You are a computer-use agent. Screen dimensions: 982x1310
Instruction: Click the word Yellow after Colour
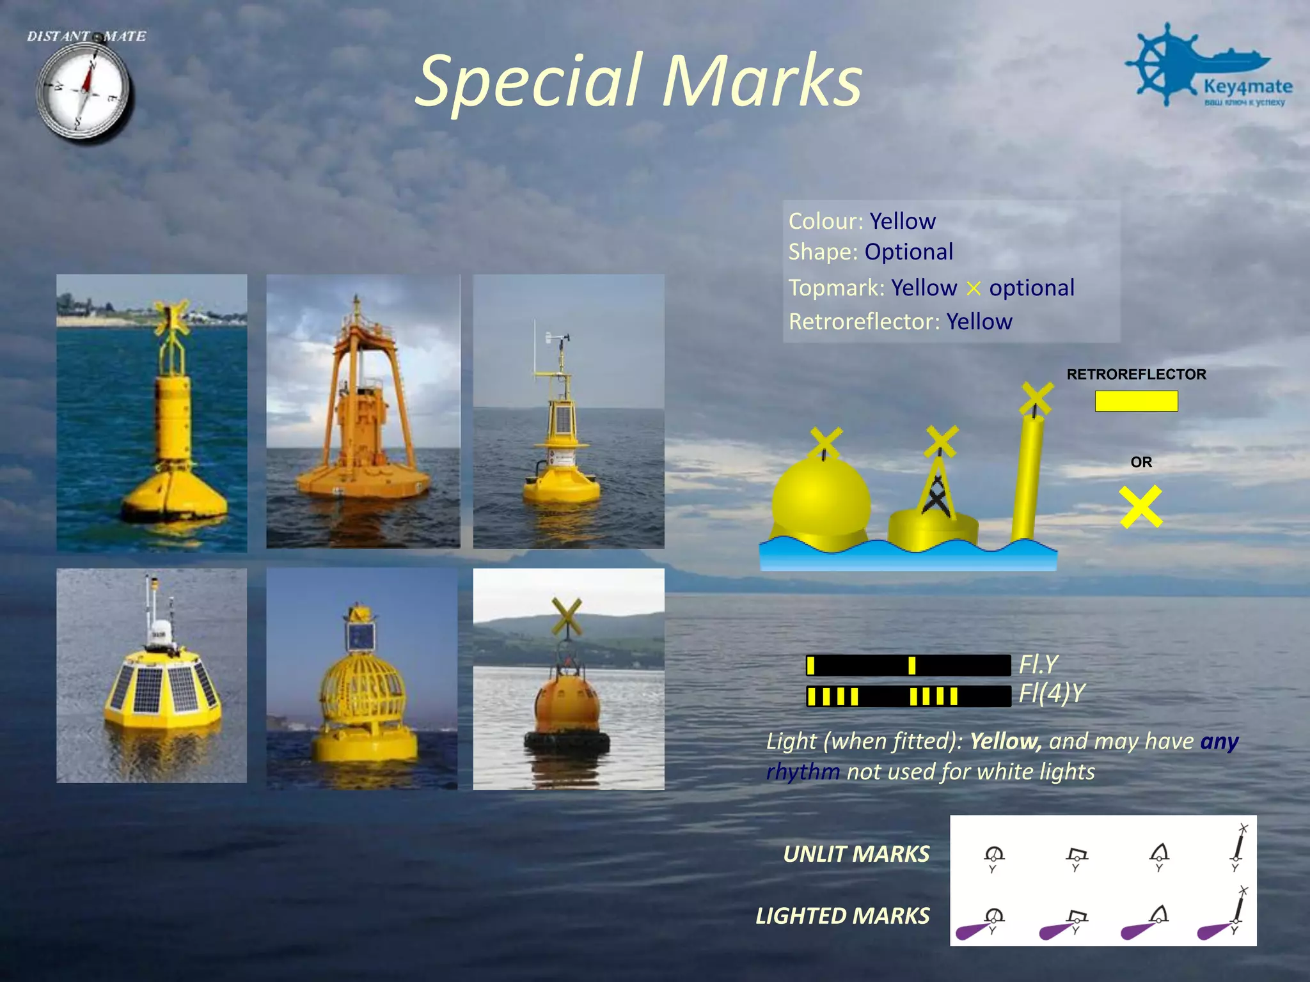click(x=902, y=221)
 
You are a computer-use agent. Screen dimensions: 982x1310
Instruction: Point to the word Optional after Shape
click(x=908, y=252)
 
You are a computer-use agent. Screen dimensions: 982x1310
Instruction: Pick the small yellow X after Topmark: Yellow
click(x=973, y=289)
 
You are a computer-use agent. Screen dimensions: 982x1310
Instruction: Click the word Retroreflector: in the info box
click(x=864, y=322)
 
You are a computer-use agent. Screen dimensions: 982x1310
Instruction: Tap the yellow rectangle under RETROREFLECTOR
click(x=1136, y=401)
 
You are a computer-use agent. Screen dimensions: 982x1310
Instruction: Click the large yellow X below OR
click(x=1140, y=507)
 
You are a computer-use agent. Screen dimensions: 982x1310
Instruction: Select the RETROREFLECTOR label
click(x=1136, y=375)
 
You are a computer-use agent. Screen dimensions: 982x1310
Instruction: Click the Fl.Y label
click(x=1038, y=664)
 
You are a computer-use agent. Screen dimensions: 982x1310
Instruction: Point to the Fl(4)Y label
click(x=1052, y=693)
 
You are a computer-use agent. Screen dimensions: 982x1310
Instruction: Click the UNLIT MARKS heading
click(x=856, y=854)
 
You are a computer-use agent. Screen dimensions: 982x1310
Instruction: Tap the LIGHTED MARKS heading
click(x=842, y=916)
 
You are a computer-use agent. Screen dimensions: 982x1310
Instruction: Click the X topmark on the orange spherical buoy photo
click(x=567, y=616)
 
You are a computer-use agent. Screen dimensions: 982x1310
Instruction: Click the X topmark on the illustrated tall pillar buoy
click(x=1036, y=399)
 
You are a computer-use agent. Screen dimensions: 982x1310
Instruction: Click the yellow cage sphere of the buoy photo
click(x=363, y=691)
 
